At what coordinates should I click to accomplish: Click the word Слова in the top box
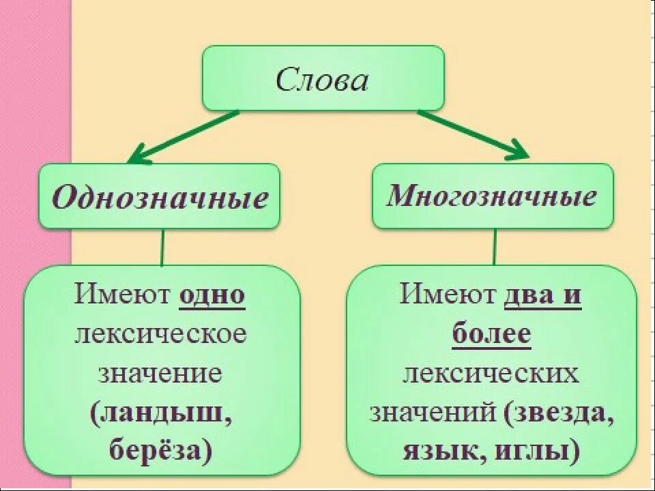point(322,80)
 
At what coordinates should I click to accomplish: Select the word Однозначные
point(160,198)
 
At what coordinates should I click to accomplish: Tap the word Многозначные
point(492,196)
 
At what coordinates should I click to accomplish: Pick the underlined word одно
point(212,297)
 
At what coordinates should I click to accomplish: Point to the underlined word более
point(491,336)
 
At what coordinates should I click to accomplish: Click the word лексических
point(491,374)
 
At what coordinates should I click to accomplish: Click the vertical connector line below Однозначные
point(162,247)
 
